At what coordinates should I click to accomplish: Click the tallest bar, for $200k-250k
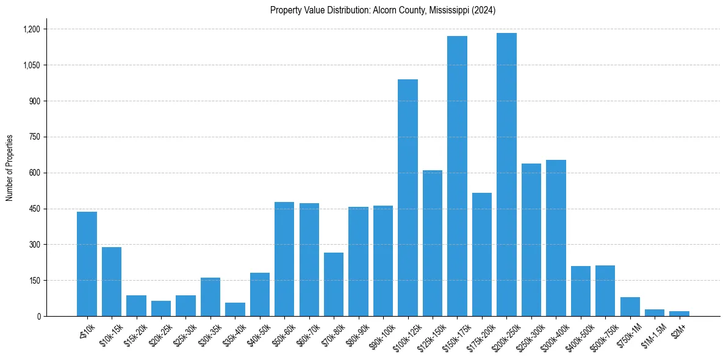(x=506, y=175)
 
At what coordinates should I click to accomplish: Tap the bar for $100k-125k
(x=408, y=198)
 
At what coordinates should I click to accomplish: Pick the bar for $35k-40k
(x=235, y=309)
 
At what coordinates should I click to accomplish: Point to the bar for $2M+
(x=679, y=314)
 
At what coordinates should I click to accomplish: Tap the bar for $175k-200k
(x=482, y=254)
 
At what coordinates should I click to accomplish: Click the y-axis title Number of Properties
(x=10, y=168)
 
